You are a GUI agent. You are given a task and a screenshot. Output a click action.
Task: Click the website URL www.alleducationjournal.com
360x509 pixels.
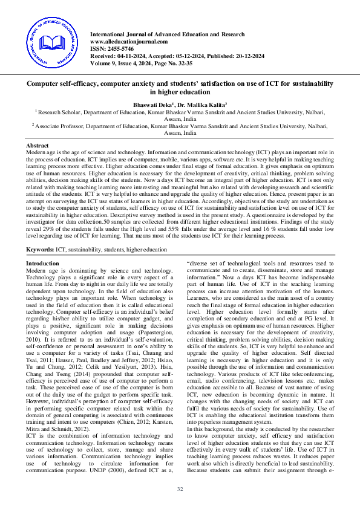[x=128, y=41]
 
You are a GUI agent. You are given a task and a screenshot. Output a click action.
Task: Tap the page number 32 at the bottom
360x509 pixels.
[x=180, y=488]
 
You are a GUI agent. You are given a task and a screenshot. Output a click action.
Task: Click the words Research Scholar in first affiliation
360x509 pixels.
[x=58, y=112]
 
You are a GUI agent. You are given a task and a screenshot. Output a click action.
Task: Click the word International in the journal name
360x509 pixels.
[x=109, y=34]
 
